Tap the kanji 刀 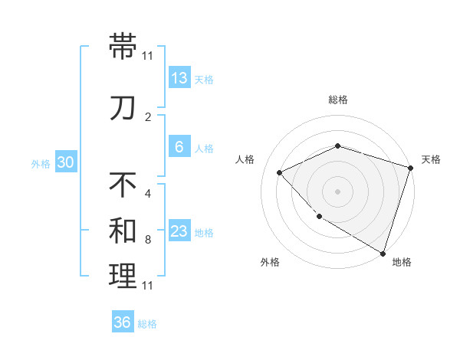coord(123,107)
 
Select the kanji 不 coord(123,185)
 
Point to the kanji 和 coord(123,231)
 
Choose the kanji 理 coord(123,277)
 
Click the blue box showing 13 coord(179,78)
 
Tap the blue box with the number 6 coord(179,148)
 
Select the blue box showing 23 coord(179,232)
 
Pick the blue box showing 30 coord(65,162)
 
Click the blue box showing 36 coord(123,322)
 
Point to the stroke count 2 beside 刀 coord(148,116)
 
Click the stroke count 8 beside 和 coord(148,240)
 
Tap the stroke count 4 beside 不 coord(148,193)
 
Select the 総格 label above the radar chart coord(338,100)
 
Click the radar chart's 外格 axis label coord(270,262)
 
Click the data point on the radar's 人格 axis coord(280,172)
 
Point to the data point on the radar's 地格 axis coord(382,252)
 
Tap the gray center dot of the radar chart coord(338,191)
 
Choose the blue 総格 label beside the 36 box coord(147,324)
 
